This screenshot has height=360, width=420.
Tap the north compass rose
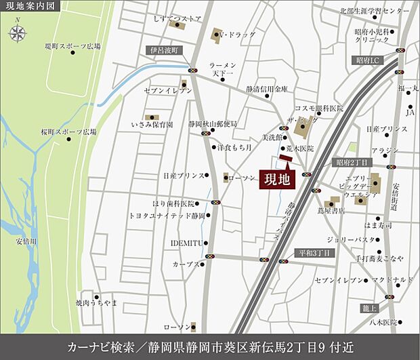pyautogui.click(x=18, y=31)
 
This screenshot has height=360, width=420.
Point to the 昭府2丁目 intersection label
pyautogui.click(x=352, y=163)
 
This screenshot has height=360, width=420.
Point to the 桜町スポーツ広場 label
pyautogui.click(x=68, y=131)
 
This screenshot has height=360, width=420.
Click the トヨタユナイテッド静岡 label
pyautogui.click(x=167, y=215)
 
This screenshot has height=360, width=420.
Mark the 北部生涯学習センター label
pyautogui.click(x=375, y=11)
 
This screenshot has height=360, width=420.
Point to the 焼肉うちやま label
pyautogui.click(x=96, y=301)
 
